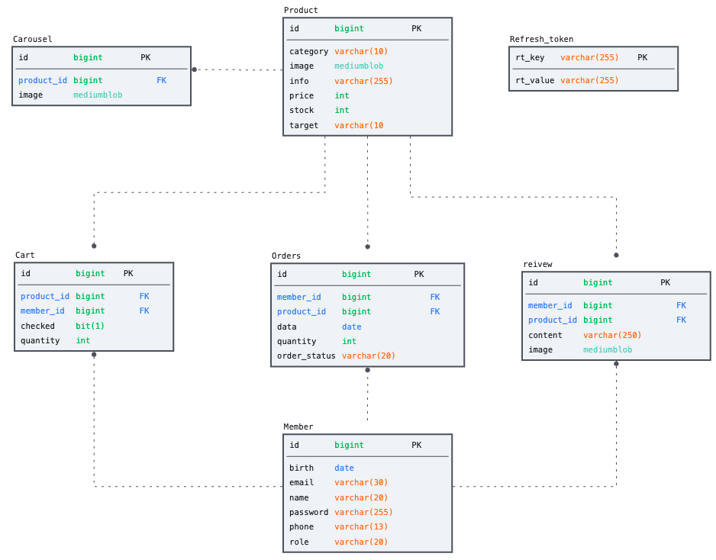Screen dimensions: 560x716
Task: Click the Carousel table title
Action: pyautogui.click(x=33, y=39)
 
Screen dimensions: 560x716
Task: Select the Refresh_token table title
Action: pyautogui.click(x=541, y=39)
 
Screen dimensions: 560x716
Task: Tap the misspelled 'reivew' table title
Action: pyautogui.click(x=537, y=264)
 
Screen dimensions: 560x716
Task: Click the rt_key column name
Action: pyautogui.click(x=530, y=57)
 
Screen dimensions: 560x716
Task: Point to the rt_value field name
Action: pyautogui.click(x=534, y=80)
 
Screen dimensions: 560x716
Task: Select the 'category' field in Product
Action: pyautogui.click(x=308, y=51)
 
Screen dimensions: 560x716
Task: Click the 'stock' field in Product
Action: pyautogui.click(x=302, y=110)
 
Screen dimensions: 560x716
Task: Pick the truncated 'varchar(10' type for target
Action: pyautogui.click(x=359, y=125)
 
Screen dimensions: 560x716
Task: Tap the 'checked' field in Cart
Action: pyautogui.click(x=37, y=326)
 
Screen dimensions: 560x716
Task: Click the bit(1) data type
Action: pyautogui.click(x=90, y=326)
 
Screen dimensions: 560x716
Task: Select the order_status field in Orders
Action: pyautogui.click(x=306, y=356)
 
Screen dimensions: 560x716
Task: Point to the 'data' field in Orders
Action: pyautogui.click(x=287, y=327)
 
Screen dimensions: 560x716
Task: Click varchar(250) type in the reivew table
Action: pyautogui.click(x=612, y=335)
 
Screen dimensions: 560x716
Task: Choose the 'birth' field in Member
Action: pyautogui.click(x=302, y=468)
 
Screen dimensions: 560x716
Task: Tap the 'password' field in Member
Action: pyautogui.click(x=308, y=512)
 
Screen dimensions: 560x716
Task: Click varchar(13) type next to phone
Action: pyautogui.click(x=361, y=526)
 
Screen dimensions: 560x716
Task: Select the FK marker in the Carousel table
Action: pyautogui.click(x=161, y=80)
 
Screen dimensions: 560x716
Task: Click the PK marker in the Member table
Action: pyautogui.click(x=416, y=445)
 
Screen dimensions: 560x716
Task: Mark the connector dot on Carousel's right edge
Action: pyautogui.click(x=194, y=69)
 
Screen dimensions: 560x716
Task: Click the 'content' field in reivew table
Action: pyautogui.click(x=545, y=335)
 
